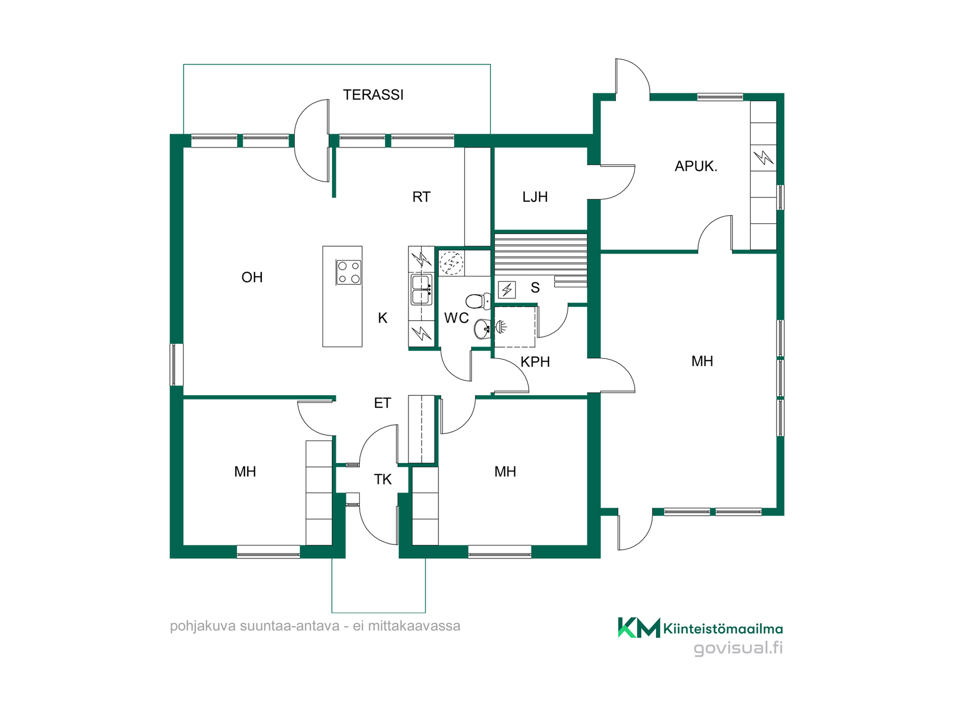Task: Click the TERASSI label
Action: tap(373, 94)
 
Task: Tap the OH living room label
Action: tap(252, 277)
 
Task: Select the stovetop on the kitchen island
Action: tap(348, 272)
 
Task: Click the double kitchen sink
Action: tap(421, 290)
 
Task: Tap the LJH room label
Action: tap(535, 197)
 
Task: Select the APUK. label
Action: tap(696, 166)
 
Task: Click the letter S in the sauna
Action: tap(535, 287)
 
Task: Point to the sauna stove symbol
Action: tap(507, 289)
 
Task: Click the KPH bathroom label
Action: tap(535, 362)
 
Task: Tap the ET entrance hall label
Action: tap(382, 403)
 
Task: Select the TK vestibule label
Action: tap(383, 479)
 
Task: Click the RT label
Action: tap(421, 197)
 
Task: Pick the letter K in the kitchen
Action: tap(382, 318)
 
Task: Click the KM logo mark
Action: tap(639, 627)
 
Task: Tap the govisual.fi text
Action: tap(738, 648)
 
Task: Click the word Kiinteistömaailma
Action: tap(723, 629)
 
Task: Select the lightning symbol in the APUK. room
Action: tap(763, 158)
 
